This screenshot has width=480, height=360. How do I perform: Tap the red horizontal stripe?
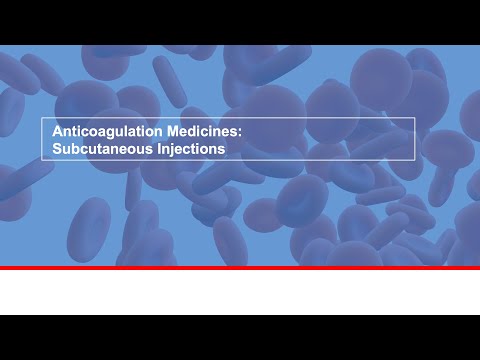(x=240, y=268)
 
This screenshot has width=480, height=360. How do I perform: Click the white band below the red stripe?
(x=240, y=292)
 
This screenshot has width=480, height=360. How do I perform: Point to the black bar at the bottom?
(x=240, y=337)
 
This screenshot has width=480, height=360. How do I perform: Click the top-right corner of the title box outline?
(x=415, y=118)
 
